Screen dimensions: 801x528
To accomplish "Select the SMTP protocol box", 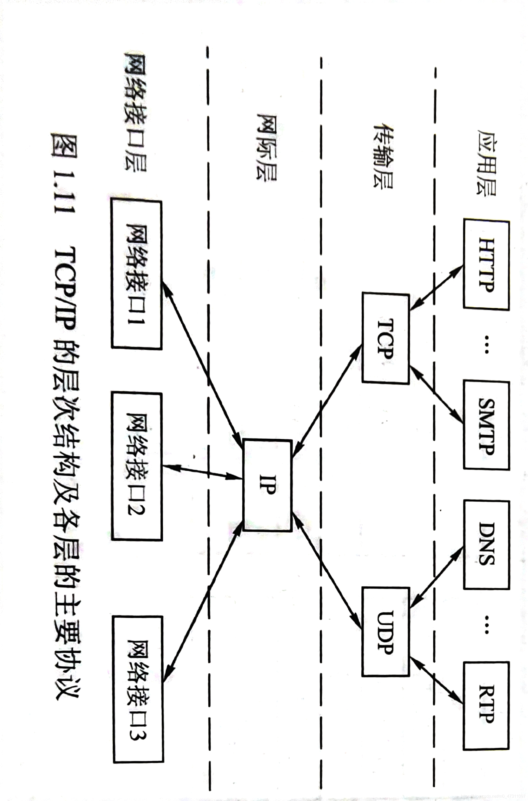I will pyautogui.click(x=486, y=425).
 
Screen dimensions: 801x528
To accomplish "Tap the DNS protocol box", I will pyautogui.click(x=486, y=544).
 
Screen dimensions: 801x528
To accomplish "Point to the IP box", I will pyautogui.click(x=267, y=485).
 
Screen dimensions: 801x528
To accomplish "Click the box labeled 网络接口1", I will pyautogui.click(x=137, y=275).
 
